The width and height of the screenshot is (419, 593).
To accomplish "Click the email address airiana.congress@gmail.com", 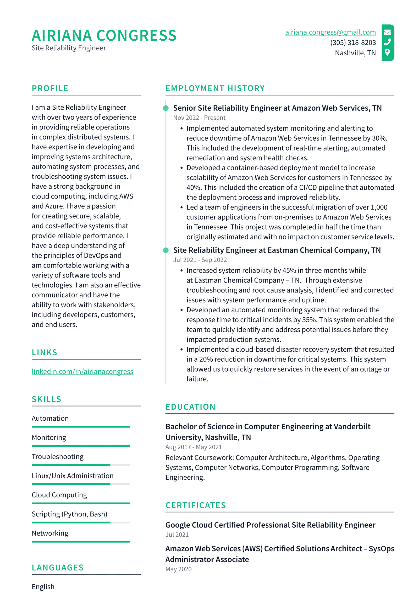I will pyautogui.click(x=330, y=32).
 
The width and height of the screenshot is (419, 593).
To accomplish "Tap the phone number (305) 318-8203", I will pyautogui.click(x=353, y=42).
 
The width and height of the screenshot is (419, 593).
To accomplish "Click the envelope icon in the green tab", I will pyautogui.click(x=387, y=32).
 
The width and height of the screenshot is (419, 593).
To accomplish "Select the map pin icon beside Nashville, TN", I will pyautogui.click(x=387, y=52).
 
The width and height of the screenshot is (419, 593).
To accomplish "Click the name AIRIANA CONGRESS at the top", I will pyautogui.click(x=104, y=36).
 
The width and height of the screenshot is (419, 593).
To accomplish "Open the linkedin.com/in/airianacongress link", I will pyautogui.click(x=82, y=371).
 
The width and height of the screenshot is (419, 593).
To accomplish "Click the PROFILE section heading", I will pyautogui.click(x=50, y=88).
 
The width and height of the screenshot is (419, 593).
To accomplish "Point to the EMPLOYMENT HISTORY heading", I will pyautogui.click(x=215, y=88).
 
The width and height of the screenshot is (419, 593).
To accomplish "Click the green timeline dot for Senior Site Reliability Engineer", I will pyautogui.click(x=166, y=108).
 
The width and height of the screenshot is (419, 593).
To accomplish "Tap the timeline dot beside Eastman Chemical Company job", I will pyautogui.click(x=166, y=250).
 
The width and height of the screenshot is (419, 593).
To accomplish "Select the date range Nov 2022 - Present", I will pyautogui.click(x=199, y=118).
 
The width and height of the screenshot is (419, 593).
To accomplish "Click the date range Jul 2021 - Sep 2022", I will pyautogui.click(x=200, y=260).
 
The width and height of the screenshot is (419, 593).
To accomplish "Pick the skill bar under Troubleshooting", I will pyautogui.click(x=81, y=465).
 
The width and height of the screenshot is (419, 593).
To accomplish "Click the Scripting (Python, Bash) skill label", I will pyautogui.click(x=69, y=514).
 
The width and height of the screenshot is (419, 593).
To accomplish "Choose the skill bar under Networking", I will pyautogui.click(x=81, y=542).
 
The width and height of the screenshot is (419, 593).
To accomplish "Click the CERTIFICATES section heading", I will pyautogui.click(x=195, y=505).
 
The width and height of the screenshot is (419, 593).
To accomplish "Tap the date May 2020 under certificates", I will pyautogui.click(x=178, y=569).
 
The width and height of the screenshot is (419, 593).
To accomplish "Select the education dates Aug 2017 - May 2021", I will pyautogui.click(x=194, y=447).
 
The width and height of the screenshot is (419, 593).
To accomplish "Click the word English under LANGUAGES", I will pyautogui.click(x=43, y=587).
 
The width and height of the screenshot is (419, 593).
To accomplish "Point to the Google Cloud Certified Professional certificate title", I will pyautogui.click(x=270, y=525).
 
